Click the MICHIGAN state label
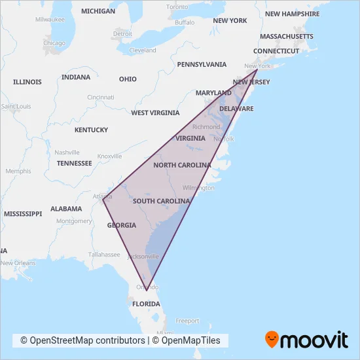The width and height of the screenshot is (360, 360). pyautogui.click(x=98, y=11)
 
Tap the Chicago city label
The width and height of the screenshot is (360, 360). pyautogui.click(x=54, y=43)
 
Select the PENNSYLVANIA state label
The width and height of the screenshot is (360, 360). pyautogui.click(x=202, y=64)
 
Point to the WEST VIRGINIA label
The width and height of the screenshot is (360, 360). pyautogui.click(x=155, y=113)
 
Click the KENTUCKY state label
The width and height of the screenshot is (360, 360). pyautogui.click(x=91, y=130)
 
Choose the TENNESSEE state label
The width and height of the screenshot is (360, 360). pyautogui.click(x=74, y=163)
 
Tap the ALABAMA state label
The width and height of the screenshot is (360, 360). pyautogui.click(x=66, y=209)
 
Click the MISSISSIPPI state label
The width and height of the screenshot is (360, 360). pyautogui.click(x=22, y=213)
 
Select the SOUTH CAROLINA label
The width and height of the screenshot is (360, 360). pyautogui.click(x=161, y=201)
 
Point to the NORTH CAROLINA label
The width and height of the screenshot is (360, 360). pyautogui.click(x=181, y=166)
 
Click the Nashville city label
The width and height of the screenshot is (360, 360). pyautogui.click(x=67, y=152)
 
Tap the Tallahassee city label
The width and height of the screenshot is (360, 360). pyautogui.click(x=105, y=255)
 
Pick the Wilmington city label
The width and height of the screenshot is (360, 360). pyautogui.click(x=198, y=188)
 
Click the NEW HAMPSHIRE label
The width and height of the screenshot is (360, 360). pyautogui.click(x=292, y=14)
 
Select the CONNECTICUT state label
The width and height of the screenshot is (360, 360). pyautogui.click(x=276, y=50)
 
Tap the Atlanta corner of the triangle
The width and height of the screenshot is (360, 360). pyautogui.click(x=103, y=200)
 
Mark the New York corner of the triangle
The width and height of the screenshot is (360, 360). pyautogui.click(x=257, y=70)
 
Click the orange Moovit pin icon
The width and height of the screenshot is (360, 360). pyautogui.click(x=272, y=340)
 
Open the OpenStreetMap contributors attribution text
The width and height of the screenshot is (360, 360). pyautogui.click(x=82, y=340)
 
